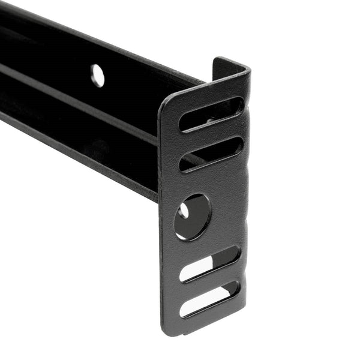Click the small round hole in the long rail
coord(97,75)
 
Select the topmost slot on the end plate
coord(211,114)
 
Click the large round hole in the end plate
coord(192,217)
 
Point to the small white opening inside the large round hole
coord(184,211)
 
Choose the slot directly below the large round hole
coord(210,263)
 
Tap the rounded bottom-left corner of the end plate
coord(166,327)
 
